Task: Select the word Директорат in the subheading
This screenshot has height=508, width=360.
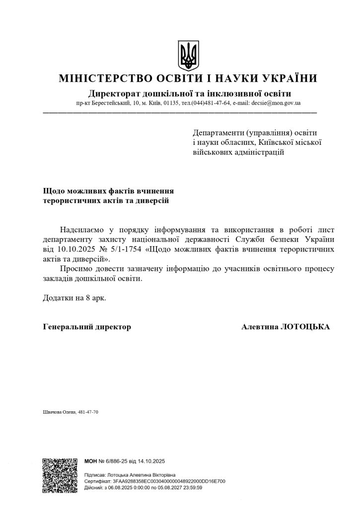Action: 112,93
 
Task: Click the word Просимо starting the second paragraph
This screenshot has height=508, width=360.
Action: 74,269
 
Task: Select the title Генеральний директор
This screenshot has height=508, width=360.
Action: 87,327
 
